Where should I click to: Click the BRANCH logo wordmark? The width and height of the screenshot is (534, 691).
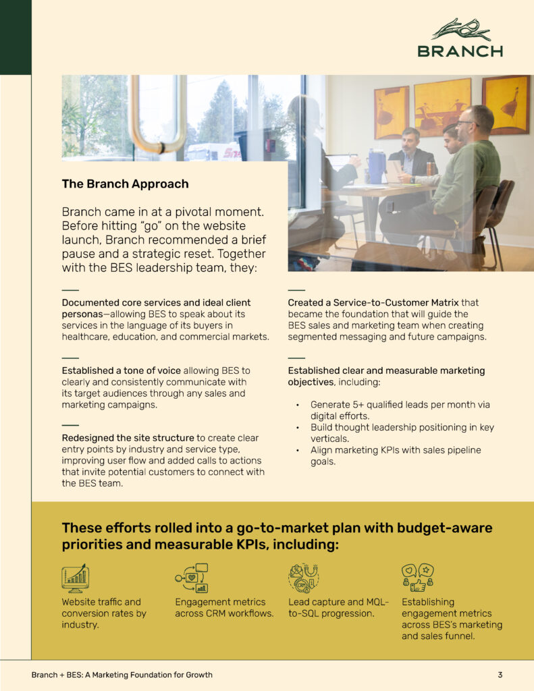(460, 51)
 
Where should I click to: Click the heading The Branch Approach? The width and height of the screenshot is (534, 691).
(125, 184)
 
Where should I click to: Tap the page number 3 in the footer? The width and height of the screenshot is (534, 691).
(500, 674)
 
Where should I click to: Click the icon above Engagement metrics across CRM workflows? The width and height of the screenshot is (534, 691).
(192, 578)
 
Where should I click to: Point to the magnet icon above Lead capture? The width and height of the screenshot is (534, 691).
(303, 578)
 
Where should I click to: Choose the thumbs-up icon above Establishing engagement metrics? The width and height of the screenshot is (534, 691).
(417, 578)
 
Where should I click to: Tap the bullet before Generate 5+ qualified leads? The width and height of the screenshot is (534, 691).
(298, 405)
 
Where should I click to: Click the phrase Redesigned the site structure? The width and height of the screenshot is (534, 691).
(128, 438)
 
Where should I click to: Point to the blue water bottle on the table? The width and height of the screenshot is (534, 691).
(376, 167)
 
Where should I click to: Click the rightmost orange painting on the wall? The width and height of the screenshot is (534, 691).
(505, 105)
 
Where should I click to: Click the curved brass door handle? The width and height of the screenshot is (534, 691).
(159, 115)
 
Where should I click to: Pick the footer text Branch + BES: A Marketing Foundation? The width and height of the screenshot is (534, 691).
(122, 674)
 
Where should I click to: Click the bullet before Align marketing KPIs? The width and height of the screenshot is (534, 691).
(298, 450)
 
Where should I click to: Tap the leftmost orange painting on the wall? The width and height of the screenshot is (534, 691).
(392, 112)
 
